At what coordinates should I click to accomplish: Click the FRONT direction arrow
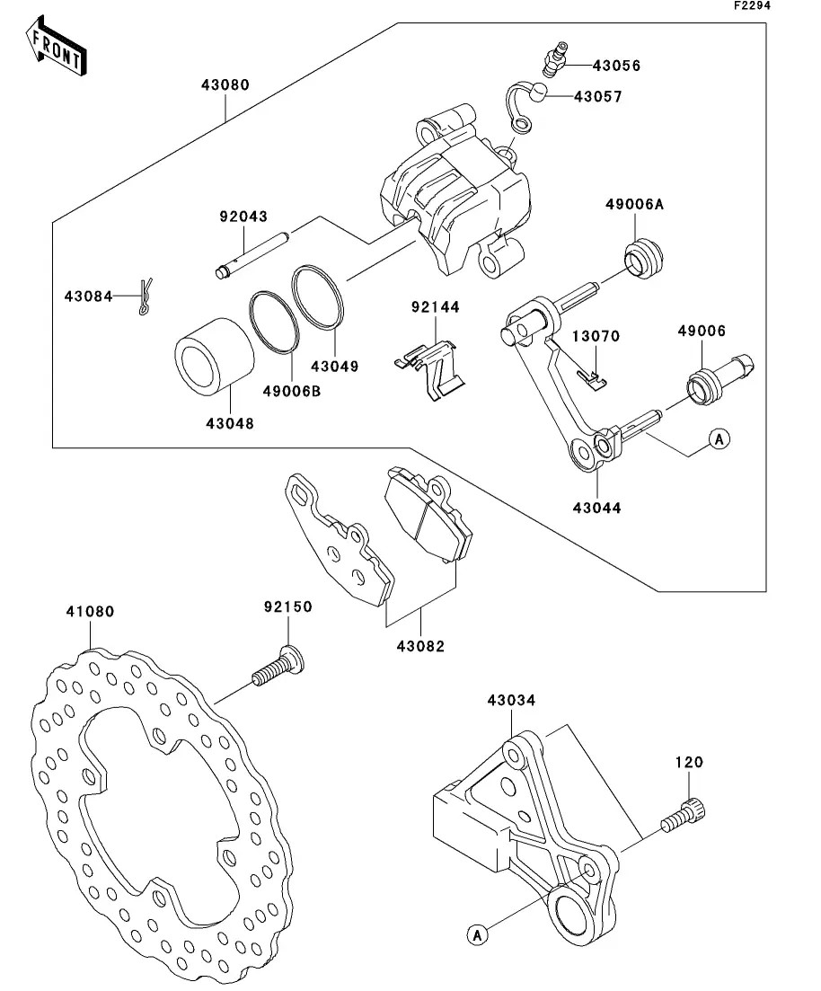[57, 47]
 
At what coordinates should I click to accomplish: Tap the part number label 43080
[225, 84]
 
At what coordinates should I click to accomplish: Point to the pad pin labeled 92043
[252, 255]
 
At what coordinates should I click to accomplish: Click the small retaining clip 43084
[146, 296]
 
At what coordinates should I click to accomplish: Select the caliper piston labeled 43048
[215, 357]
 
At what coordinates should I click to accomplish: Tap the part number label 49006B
[292, 391]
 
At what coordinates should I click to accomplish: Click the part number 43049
[334, 367]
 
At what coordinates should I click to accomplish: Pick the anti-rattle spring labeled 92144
[430, 370]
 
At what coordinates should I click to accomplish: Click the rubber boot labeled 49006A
[644, 257]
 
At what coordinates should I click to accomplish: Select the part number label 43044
[596, 509]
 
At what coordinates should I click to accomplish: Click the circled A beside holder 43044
[719, 438]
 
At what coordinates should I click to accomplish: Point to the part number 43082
[421, 646]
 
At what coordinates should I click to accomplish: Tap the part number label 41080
[91, 612]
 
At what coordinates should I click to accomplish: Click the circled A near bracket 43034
[478, 934]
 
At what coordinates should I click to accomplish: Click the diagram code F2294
[752, 5]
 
